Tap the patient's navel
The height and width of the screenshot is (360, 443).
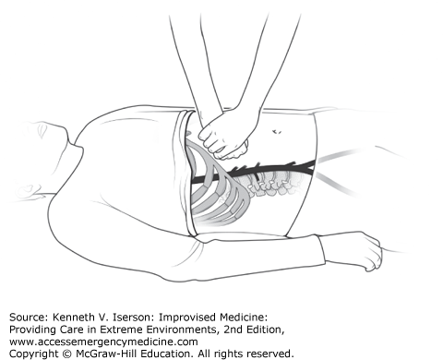coord(277,132)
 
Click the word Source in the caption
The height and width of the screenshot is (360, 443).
coord(28,317)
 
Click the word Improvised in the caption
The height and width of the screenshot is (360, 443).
coord(187,318)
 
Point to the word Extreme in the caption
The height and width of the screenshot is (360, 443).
coord(166,330)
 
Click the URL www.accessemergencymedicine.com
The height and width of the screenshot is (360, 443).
coord(103,342)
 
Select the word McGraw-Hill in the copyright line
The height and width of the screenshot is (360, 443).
coord(104,354)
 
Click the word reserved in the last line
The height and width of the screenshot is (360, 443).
coord(272,354)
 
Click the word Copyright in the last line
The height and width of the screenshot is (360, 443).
coord(34,354)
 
